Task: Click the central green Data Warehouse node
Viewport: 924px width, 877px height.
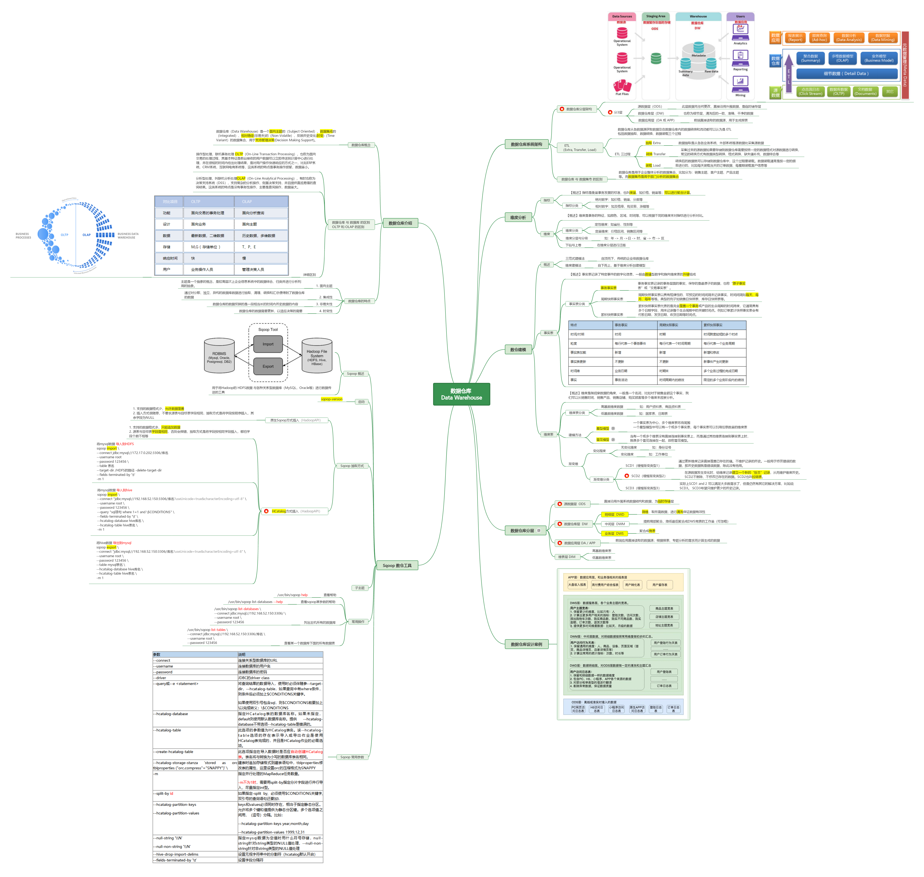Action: tap(461, 394)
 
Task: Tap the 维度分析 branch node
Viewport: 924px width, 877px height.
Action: tap(518, 217)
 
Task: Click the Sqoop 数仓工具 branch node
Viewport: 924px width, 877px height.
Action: tap(397, 565)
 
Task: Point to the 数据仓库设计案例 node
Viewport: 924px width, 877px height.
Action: tap(526, 644)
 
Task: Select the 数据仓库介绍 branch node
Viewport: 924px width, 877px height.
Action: tap(400, 223)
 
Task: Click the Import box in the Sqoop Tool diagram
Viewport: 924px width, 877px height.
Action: tap(268, 344)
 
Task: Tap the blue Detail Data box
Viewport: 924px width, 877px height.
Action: tap(846, 73)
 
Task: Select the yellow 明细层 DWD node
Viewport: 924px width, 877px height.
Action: tap(614, 514)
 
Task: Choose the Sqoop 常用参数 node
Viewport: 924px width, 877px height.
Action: tap(352, 757)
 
